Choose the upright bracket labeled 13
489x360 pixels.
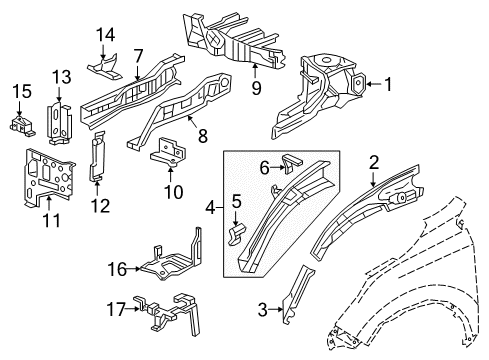tap(62, 121)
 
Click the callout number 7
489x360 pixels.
tap(139, 55)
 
